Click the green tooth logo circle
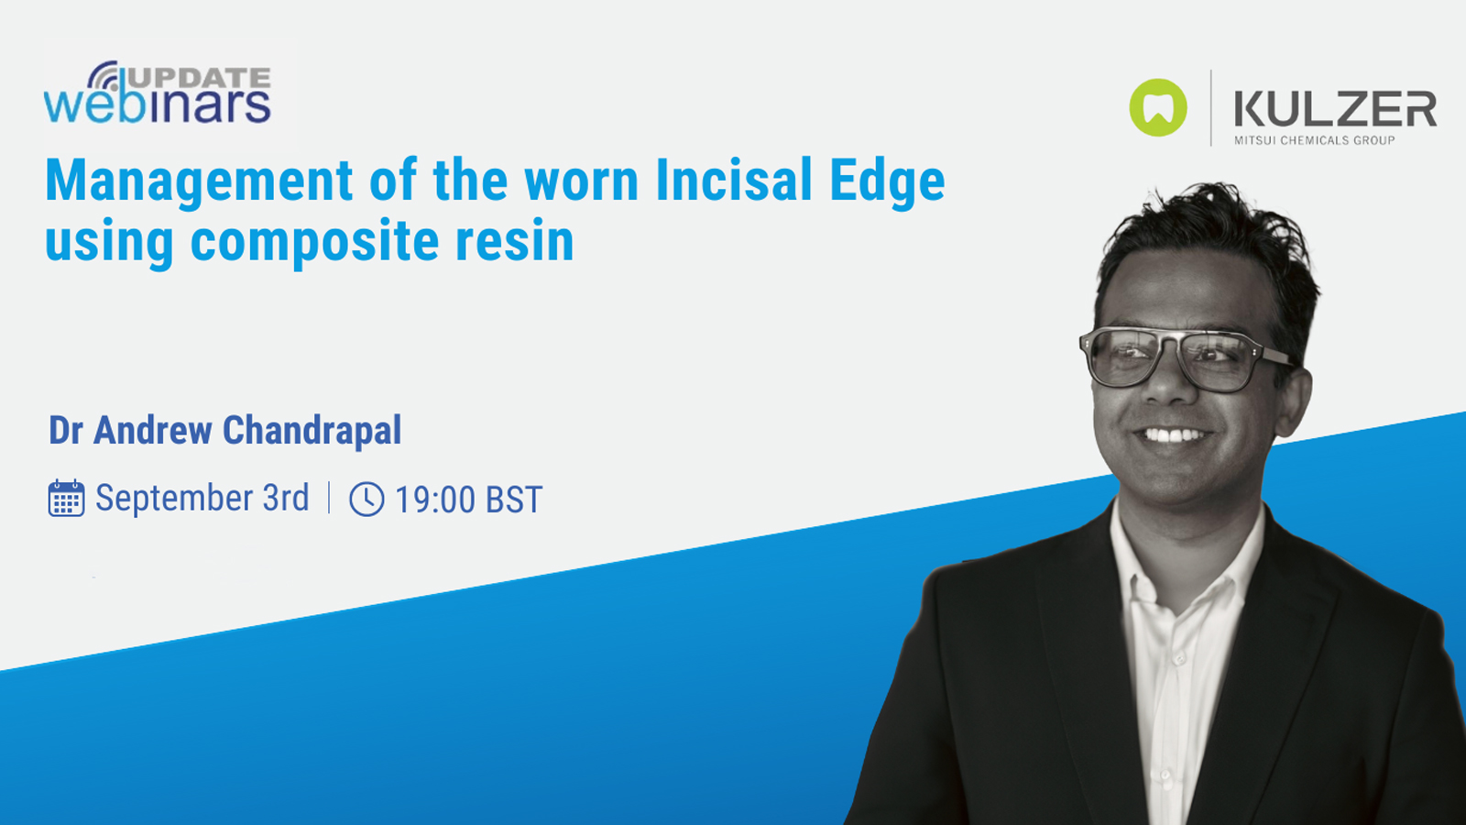[x=1158, y=108]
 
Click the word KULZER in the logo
[x=1335, y=109]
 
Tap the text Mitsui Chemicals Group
[x=1314, y=140]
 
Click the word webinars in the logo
[x=158, y=105]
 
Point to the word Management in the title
[x=199, y=181]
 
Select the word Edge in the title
[x=887, y=181]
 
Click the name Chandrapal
[x=312, y=431]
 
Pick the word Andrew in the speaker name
[x=153, y=431]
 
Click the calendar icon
[x=66, y=499]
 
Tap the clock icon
[x=366, y=500]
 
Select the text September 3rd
[x=202, y=499]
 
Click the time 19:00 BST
[x=468, y=500]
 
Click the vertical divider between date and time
[x=329, y=498]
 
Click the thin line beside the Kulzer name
[x=1211, y=108]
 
